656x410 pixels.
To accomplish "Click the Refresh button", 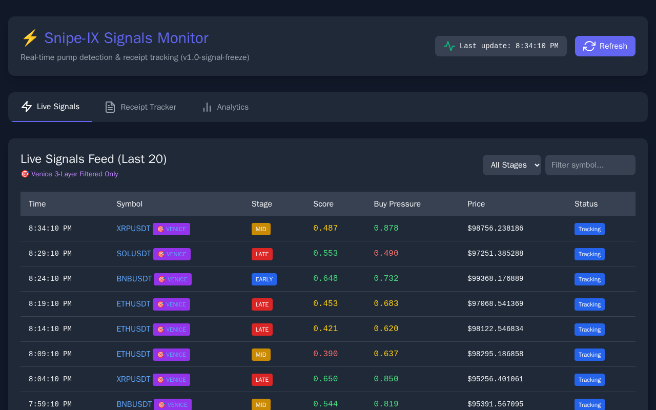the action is click(x=605, y=46).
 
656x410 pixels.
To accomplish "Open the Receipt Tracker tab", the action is click(x=140, y=107).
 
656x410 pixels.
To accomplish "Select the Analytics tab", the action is click(x=225, y=107).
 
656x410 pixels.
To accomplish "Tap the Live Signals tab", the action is click(x=51, y=107).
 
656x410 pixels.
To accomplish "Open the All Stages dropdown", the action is click(x=511, y=165).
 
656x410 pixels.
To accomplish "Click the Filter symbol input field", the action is click(x=590, y=165).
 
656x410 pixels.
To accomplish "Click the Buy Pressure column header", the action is click(x=397, y=204).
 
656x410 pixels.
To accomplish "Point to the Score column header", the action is click(x=323, y=204).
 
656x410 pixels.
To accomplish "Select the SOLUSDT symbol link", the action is click(x=134, y=254).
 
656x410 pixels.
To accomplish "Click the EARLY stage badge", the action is click(x=264, y=279).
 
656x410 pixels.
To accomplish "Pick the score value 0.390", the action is click(x=325, y=354).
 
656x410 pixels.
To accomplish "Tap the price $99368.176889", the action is click(x=495, y=278).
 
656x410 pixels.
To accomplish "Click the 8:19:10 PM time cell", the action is click(x=50, y=304).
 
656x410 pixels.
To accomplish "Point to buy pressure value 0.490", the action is click(x=386, y=253).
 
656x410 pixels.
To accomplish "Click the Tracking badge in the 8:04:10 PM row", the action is click(x=589, y=380).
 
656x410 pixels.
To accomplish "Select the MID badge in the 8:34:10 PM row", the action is click(x=261, y=229).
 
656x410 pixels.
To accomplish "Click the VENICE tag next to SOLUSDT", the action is click(x=172, y=254).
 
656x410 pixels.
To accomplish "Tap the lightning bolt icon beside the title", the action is click(x=30, y=38).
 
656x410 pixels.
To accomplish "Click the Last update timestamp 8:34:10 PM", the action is click(x=537, y=46).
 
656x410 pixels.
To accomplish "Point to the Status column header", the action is click(x=586, y=204).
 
